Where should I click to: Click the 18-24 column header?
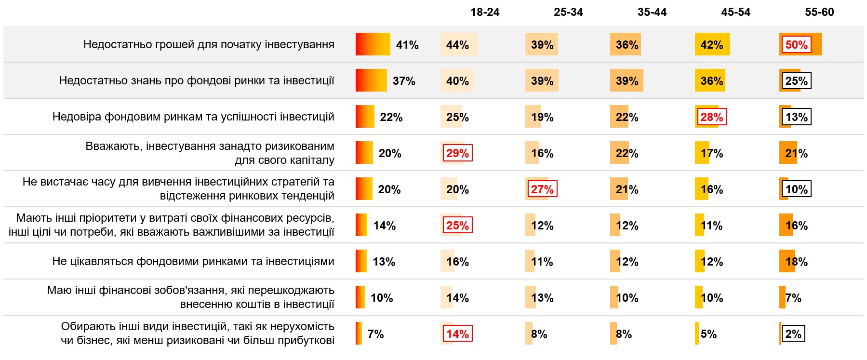485,12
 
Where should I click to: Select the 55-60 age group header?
819,12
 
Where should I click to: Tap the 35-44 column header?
652,12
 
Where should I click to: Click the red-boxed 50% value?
796,45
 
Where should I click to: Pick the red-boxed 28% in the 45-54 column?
711,117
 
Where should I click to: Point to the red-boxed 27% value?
542,189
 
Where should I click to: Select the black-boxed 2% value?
793,334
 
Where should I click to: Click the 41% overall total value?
407,45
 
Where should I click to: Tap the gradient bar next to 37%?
371,80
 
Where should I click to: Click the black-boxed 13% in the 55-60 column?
796,117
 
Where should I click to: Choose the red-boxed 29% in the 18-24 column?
457,153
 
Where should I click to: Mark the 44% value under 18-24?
457,45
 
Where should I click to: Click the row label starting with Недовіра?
193,117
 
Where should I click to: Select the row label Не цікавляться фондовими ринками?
193,261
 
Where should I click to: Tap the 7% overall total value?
375,334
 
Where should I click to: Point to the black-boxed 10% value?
796,189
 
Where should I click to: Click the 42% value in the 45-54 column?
711,45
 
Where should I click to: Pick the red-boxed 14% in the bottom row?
457,334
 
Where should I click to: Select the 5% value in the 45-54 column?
708,334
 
